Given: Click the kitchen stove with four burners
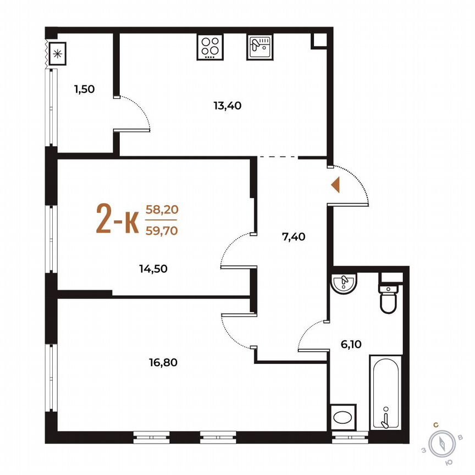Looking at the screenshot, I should click(209, 46).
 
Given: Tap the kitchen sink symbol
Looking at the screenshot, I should click(259, 46).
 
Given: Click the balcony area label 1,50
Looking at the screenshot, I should click(85, 89).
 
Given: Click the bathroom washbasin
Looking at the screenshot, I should click(345, 283).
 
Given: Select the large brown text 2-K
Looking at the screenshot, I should click(117, 219).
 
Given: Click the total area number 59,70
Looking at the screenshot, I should click(161, 231).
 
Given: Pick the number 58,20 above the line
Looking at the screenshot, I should click(161, 209).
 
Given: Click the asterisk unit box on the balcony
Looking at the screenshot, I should click(56, 54).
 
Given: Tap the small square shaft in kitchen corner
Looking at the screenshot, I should click(319, 41).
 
